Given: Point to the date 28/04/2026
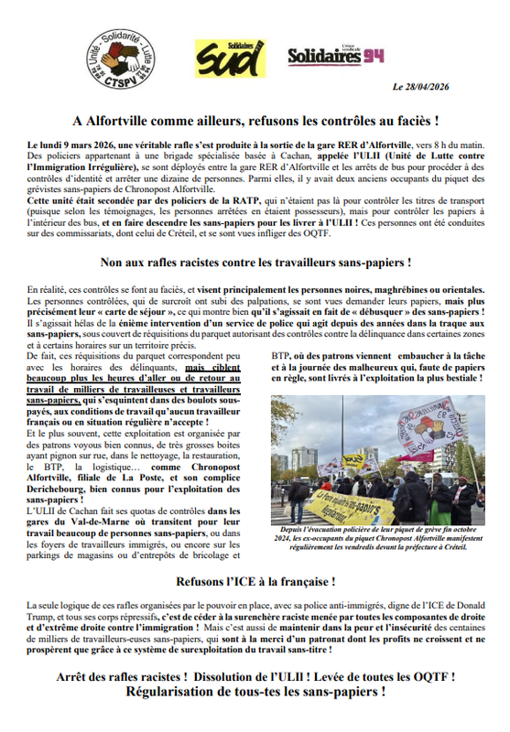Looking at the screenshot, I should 448,88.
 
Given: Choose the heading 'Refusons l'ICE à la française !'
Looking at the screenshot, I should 255,581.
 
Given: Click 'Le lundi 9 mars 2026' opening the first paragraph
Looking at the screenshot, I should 74,146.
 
